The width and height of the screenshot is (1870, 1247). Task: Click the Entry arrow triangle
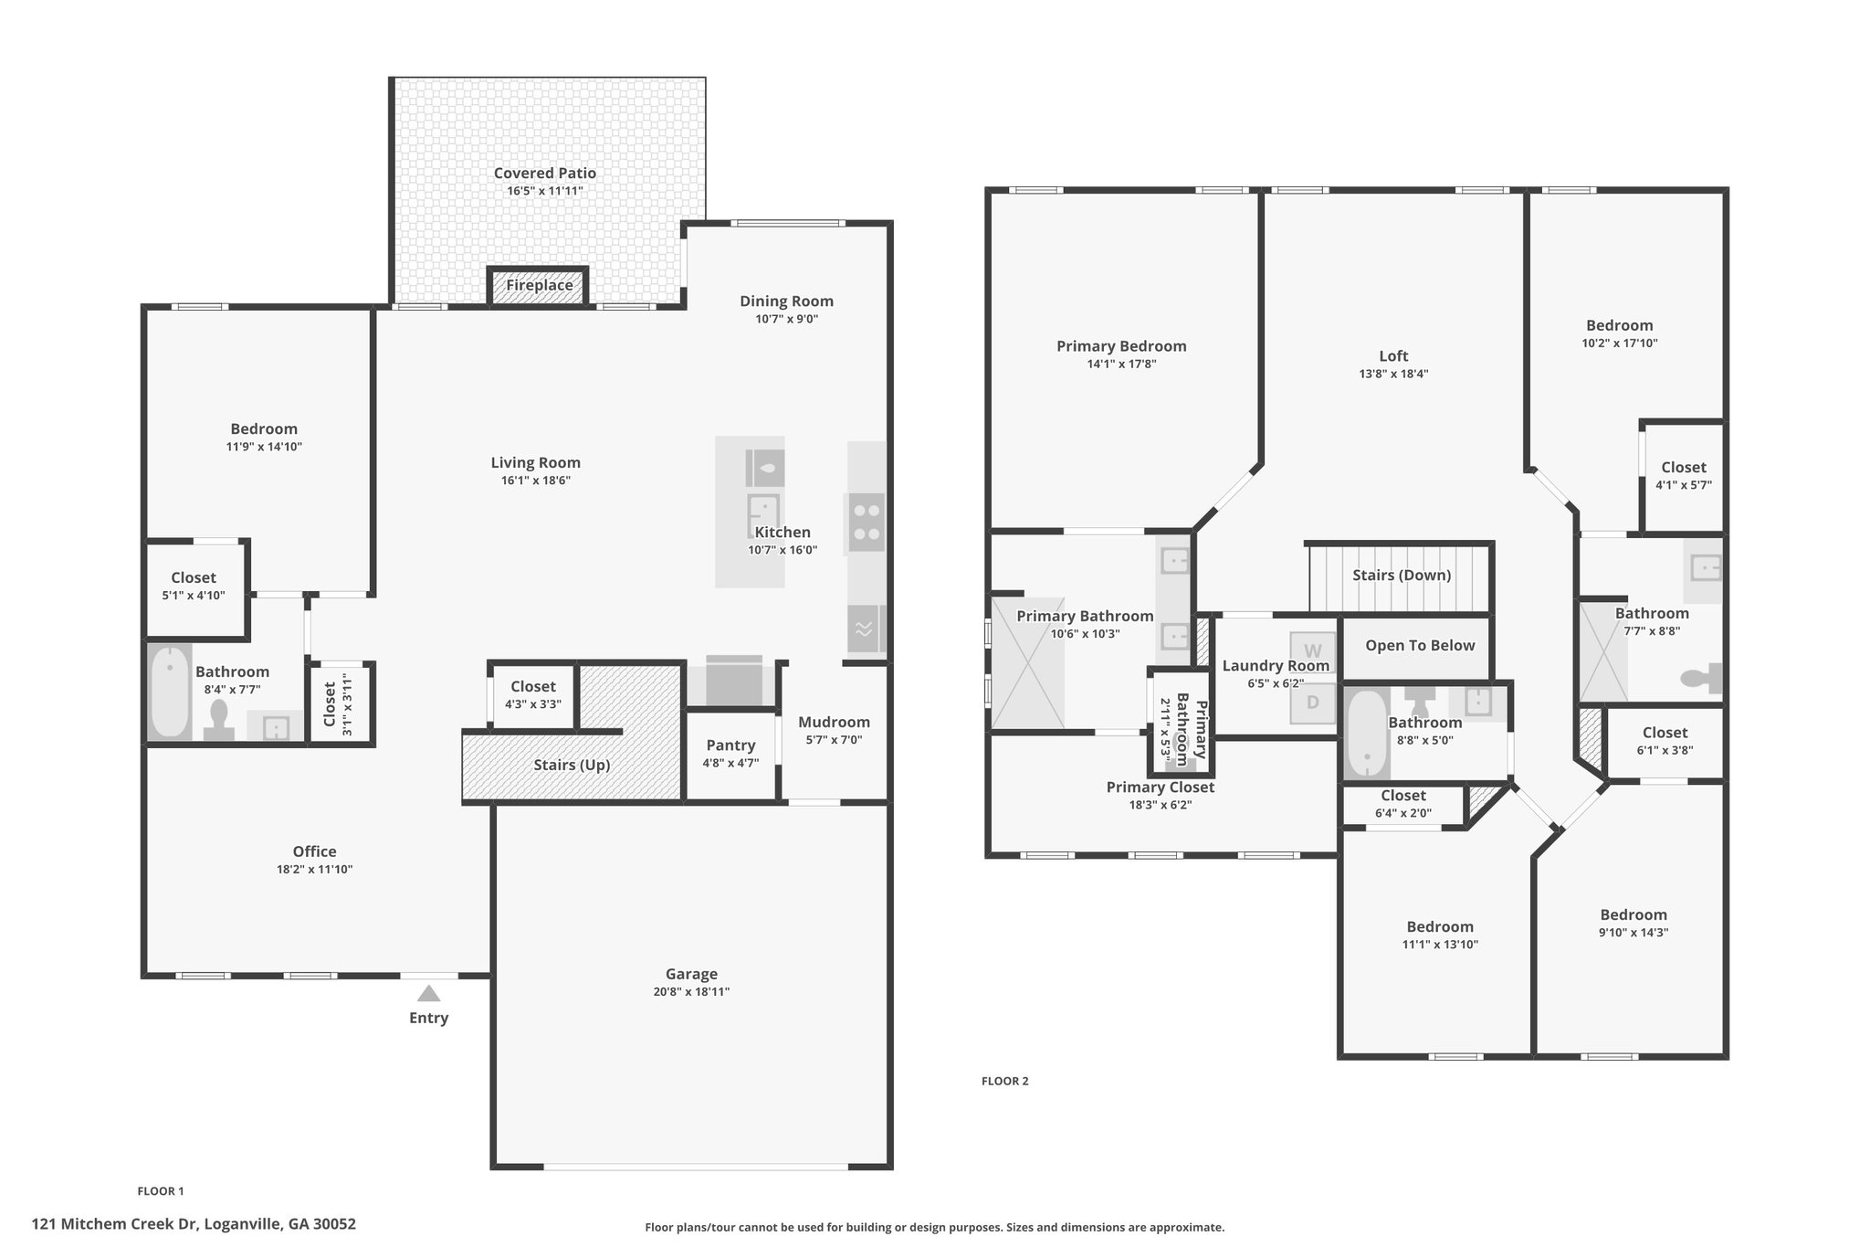pos(428,993)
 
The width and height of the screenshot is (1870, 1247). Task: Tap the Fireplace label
pos(540,285)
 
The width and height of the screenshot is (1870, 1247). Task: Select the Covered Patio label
pos(545,173)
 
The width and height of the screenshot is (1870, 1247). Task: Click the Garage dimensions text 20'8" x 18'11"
pos(691,992)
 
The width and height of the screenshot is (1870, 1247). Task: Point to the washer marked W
pos(1312,651)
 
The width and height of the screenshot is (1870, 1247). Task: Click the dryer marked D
pos(1312,703)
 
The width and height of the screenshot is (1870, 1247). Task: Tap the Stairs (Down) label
pos(1402,575)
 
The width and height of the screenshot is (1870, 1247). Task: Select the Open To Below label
pos(1420,645)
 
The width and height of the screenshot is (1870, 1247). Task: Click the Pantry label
pos(730,745)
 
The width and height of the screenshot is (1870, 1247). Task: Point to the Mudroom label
pos(834,722)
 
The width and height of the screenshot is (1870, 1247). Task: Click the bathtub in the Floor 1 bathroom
pos(170,692)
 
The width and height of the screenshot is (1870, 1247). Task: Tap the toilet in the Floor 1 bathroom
pos(219,719)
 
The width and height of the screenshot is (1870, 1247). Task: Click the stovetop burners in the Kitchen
pos(867,523)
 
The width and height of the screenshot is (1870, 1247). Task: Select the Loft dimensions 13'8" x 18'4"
pos(1393,374)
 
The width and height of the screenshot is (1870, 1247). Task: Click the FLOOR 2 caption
pos(1004,1081)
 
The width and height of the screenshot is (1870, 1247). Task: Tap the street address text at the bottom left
pos(194,1224)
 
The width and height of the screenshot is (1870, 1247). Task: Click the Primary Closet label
pos(1161,787)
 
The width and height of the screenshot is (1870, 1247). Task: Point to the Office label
pos(314,851)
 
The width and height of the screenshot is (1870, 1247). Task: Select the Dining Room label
pos(786,301)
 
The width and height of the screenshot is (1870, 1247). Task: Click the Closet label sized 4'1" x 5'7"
pos(1684,467)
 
